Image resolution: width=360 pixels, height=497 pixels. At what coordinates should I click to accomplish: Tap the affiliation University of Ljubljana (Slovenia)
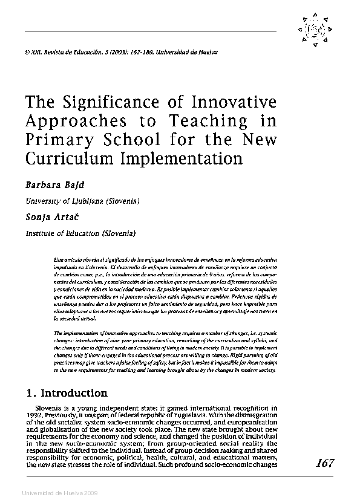[x=82, y=200]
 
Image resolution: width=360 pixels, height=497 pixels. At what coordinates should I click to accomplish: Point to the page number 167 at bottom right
[x=324, y=463]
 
